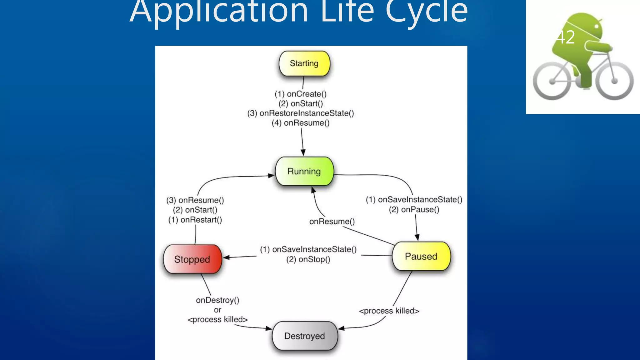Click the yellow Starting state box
[304, 63]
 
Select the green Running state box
[304, 171]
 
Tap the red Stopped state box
[192, 259]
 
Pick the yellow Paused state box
[421, 256]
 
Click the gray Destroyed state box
[305, 336]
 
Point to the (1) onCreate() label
[301, 94]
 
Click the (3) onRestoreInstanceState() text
[301, 113]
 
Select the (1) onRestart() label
[195, 220]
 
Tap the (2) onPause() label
[414, 209]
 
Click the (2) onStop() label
[308, 259]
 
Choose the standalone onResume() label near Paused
[332, 221]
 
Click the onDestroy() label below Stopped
[217, 300]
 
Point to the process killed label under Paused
[389, 311]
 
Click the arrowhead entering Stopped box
[227, 257]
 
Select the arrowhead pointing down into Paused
[417, 237]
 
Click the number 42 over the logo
[566, 37]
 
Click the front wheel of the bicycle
[614, 81]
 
